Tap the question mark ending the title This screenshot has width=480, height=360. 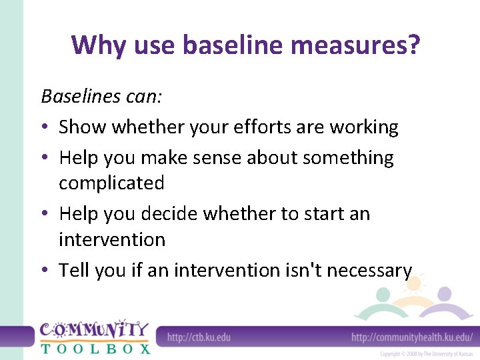[x=413, y=45]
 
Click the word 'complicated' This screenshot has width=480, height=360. [x=111, y=183]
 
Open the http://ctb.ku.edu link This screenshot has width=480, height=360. [x=199, y=337]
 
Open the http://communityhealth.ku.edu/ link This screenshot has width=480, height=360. [x=412, y=337]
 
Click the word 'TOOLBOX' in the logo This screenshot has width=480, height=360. [x=95, y=347]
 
